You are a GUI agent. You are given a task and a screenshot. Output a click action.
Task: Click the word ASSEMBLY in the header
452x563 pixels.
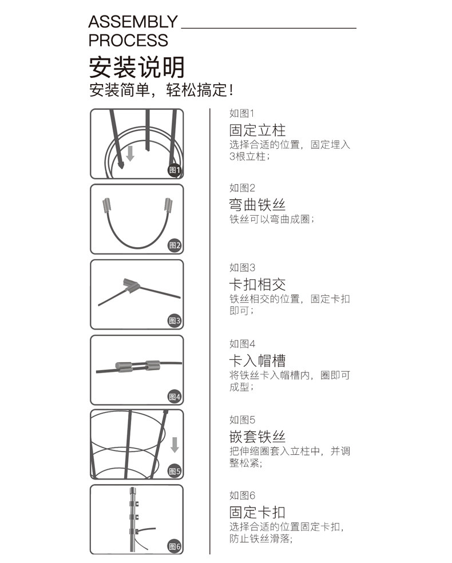tap(133, 22)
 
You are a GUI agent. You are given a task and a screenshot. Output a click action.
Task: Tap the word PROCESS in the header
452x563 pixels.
tap(128, 41)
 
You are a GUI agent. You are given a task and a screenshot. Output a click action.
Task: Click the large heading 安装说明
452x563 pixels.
tap(137, 68)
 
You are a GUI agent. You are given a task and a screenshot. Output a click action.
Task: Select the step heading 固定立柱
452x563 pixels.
tap(257, 130)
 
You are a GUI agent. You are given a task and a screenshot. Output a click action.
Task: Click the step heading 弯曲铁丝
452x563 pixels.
tap(257, 205)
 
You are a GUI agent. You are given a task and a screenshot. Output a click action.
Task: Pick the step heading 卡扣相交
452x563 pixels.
tap(257, 284)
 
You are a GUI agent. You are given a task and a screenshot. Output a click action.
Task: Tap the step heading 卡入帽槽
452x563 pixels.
tap(257, 360)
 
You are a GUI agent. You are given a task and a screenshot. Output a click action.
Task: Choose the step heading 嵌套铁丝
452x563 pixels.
tap(257, 437)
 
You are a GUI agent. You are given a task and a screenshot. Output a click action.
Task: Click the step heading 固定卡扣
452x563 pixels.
tap(257, 512)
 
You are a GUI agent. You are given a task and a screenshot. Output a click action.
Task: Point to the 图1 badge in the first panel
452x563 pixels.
tap(175, 170)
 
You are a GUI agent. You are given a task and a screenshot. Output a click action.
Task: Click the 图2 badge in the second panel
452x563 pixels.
tap(175, 246)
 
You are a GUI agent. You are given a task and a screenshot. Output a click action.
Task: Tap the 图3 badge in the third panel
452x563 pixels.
tap(175, 321)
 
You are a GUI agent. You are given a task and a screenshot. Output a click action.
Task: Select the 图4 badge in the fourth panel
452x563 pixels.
tap(175, 397)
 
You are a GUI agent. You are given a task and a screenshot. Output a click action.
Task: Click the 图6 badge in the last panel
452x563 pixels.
tap(175, 546)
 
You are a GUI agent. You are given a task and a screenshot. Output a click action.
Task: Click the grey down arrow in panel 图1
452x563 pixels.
tap(130, 153)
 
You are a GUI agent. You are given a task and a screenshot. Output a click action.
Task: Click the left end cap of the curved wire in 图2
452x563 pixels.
tap(106, 204)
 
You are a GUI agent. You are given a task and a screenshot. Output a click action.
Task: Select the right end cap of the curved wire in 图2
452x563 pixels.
tap(169, 204)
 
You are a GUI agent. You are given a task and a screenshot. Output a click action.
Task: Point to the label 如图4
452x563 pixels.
tap(242, 344)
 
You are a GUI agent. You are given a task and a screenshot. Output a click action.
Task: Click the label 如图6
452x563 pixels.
tap(242, 495)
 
